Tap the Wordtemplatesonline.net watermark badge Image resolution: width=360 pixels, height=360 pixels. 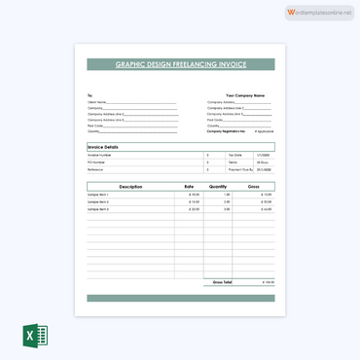(319, 12)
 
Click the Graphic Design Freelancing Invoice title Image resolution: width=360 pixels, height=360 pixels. (180, 64)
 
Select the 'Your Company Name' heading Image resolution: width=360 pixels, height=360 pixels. (245, 95)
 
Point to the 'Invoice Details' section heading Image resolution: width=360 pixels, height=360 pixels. (102, 146)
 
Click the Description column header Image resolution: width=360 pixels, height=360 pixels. (130, 186)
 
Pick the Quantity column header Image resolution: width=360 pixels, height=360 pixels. (217, 186)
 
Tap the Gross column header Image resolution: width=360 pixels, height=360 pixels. (253, 186)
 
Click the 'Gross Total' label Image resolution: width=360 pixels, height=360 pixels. (222, 282)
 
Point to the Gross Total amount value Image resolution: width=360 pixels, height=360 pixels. (268, 282)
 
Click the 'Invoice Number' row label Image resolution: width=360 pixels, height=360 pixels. (99, 155)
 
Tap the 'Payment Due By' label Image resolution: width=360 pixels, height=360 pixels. (238, 169)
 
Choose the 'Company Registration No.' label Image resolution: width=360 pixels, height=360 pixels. (226, 130)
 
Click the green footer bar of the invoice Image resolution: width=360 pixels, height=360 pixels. (180, 298)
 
